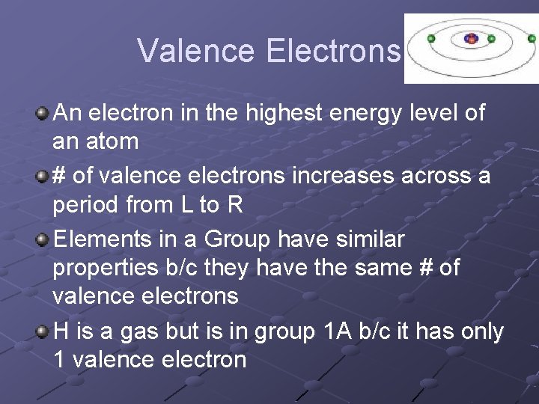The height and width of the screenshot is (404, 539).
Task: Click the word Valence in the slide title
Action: tap(197, 51)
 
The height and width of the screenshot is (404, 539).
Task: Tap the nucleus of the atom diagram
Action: tap(471, 38)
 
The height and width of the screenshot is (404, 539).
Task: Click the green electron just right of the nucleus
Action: tap(491, 38)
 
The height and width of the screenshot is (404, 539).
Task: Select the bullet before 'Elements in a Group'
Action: tap(43, 240)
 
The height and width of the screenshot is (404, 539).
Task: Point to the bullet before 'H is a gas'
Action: tap(43, 331)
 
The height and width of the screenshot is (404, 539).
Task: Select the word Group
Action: tap(237, 240)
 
